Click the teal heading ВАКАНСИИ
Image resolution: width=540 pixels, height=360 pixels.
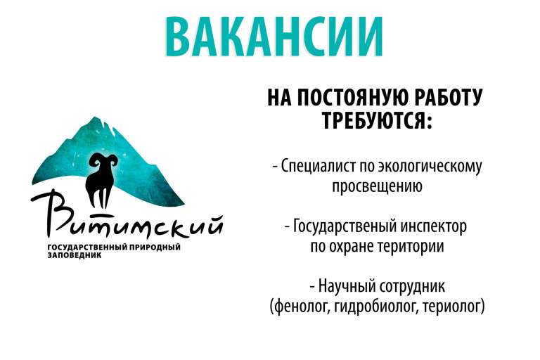pyautogui.click(x=274, y=37)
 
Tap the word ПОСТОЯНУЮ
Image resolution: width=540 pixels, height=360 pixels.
pyautogui.click(x=353, y=98)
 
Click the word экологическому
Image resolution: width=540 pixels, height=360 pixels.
pyautogui.click(x=430, y=166)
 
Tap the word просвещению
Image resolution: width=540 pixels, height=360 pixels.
pyautogui.click(x=377, y=186)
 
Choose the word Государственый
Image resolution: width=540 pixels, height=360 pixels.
pyautogui.click(x=345, y=226)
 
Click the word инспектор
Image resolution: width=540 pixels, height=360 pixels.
pyautogui.click(x=434, y=227)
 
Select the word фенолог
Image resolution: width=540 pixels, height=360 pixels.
pyautogui.click(x=299, y=307)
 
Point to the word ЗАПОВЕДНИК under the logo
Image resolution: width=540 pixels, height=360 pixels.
pyautogui.click(x=74, y=256)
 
